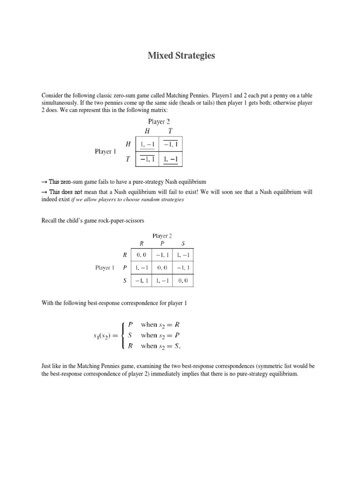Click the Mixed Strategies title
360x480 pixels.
(x=181, y=56)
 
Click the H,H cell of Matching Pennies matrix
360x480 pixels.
(x=147, y=144)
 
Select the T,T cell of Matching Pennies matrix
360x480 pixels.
(x=171, y=160)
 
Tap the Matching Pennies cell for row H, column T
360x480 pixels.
(x=171, y=144)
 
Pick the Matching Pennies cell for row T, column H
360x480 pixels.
(x=147, y=160)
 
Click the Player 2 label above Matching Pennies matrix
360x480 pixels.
(x=159, y=121)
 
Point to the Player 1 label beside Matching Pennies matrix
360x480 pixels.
(x=105, y=151)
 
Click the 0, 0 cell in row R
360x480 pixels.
(x=142, y=255)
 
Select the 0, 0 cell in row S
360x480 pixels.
(x=182, y=281)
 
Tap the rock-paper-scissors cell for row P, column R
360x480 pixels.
(x=142, y=268)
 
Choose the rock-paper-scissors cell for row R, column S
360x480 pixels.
(x=182, y=255)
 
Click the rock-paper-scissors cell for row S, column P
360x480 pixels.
(x=162, y=281)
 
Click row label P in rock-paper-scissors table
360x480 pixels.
(x=124, y=268)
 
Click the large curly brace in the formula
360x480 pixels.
(x=123, y=335)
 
